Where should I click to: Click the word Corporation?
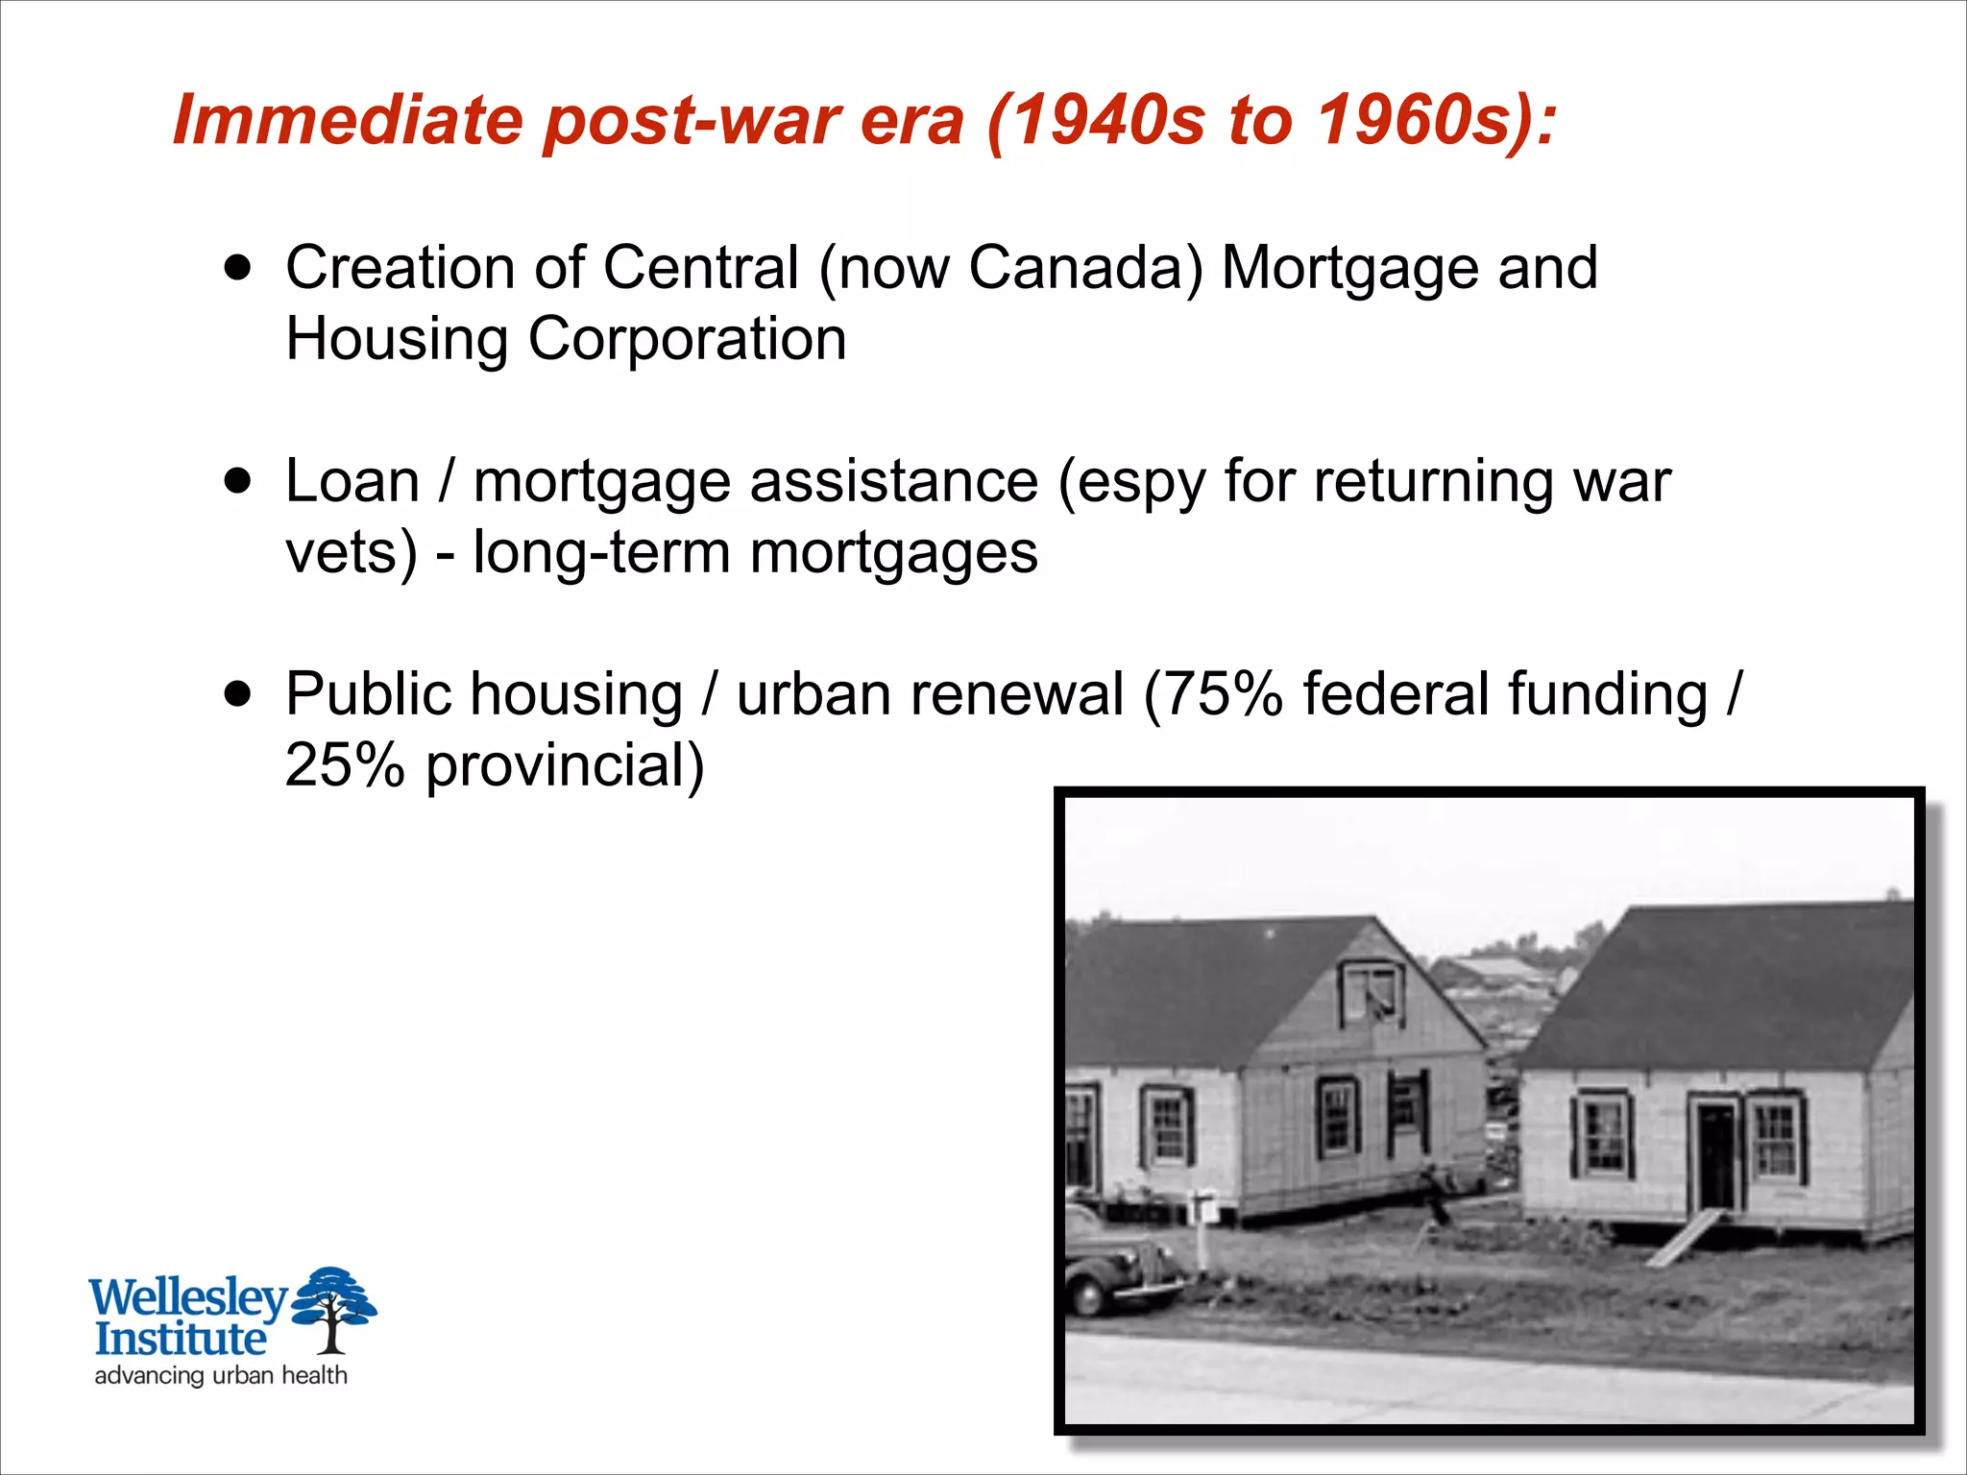(687, 339)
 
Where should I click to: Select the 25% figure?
(345, 765)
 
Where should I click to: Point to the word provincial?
(565, 767)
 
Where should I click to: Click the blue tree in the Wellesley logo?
(332, 1306)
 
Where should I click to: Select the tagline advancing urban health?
(221, 1375)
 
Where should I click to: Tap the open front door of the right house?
(1716, 1157)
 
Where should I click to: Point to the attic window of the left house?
(1372, 994)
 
